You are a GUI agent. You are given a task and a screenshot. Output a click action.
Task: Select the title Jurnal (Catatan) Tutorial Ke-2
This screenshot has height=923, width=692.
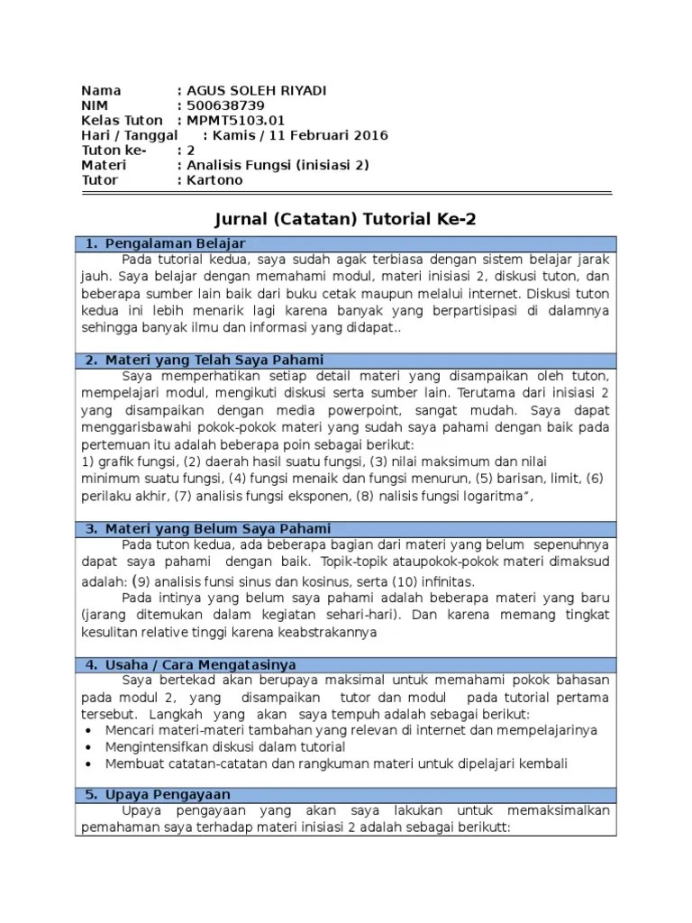tap(345, 220)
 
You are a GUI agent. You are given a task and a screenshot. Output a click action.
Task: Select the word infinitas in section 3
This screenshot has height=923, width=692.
tap(428, 582)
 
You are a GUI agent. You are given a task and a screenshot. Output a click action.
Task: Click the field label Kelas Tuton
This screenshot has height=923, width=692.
tap(122, 121)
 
